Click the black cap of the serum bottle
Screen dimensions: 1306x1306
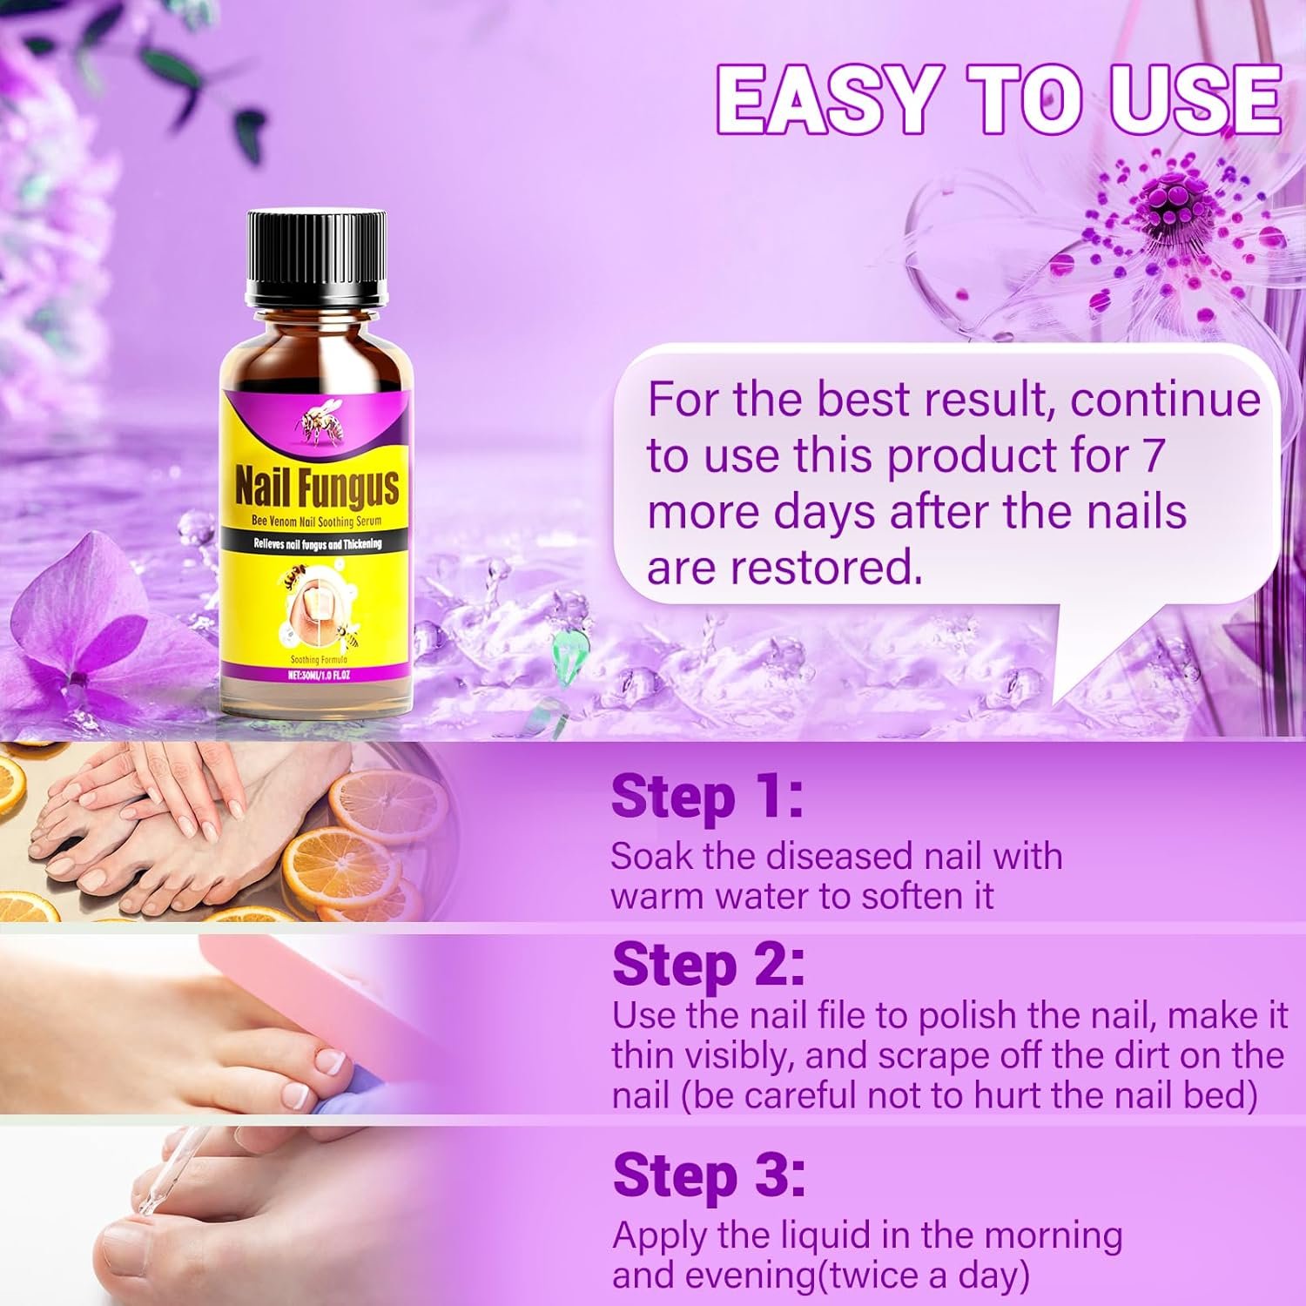[x=316, y=252]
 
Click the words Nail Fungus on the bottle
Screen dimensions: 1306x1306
[x=317, y=488]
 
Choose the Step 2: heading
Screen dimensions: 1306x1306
[x=708, y=964]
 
